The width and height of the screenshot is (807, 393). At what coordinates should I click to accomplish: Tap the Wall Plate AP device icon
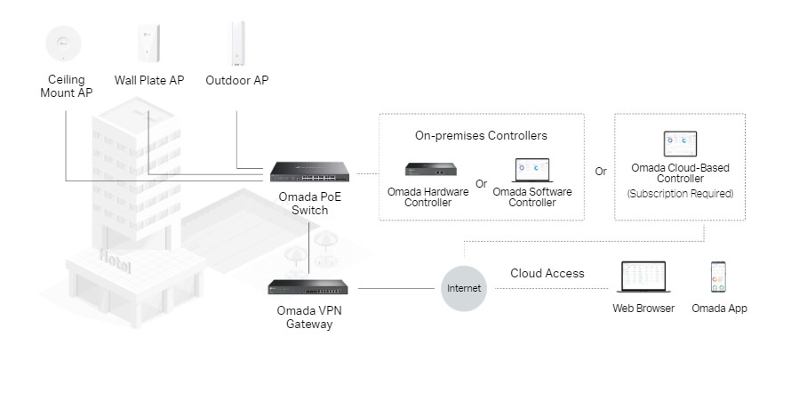(148, 43)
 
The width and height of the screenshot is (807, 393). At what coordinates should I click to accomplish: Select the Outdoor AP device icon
(237, 43)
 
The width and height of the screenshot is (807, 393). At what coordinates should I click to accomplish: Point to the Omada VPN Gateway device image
(309, 287)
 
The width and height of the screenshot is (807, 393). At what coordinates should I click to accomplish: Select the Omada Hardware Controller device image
(430, 169)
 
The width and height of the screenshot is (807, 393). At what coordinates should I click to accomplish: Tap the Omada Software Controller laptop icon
(531, 169)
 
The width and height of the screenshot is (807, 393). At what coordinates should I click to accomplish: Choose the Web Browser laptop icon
(643, 277)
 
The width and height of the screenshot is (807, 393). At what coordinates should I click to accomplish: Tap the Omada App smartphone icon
(719, 277)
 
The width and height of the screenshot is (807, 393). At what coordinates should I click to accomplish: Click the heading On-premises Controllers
(481, 136)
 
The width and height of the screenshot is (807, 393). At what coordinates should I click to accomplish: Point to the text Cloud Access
(547, 273)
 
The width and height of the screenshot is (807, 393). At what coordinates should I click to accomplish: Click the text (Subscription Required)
(680, 193)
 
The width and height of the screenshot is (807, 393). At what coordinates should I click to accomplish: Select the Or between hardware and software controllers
(482, 184)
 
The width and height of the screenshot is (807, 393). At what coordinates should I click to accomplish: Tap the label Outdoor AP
(237, 81)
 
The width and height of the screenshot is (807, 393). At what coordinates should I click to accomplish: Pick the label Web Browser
(643, 309)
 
